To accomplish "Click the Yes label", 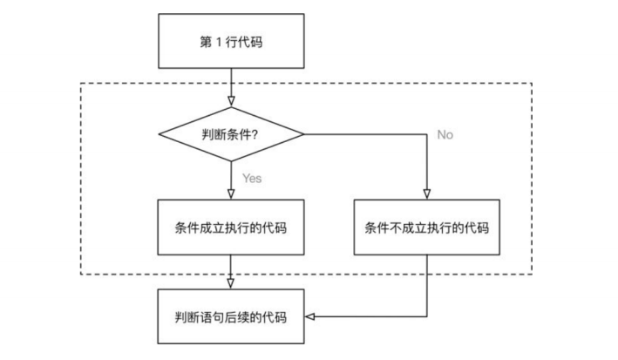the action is click(x=252, y=178).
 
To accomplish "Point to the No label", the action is click(x=445, y=135).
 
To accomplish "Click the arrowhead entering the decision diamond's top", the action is click(x=231, y=101).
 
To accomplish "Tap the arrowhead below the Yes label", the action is click(x=231, y=194).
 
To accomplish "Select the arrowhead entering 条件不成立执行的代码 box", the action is click(x=427, y=194).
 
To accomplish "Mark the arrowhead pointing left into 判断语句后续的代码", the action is click(x=309, y=316).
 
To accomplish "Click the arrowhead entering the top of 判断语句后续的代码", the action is click(x=231, y=284).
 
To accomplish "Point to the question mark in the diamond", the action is click(x=255, y=135).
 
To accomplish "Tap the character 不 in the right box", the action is click(x=396, y=228).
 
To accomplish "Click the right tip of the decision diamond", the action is click(x=304, y=134).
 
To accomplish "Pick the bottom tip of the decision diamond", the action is click(x=231, y=161).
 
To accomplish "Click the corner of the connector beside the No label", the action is click(x=427, y=134).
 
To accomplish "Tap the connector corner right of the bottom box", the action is click(x=427, y=316).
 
